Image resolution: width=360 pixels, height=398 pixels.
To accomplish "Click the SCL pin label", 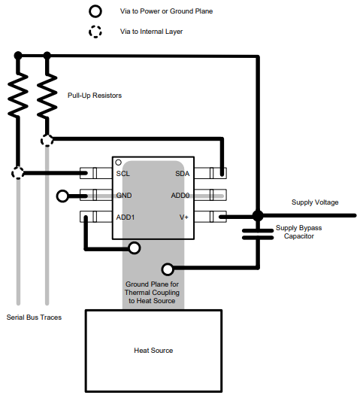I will tap(123, 174).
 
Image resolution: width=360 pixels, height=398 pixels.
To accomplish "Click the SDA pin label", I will tap(182, 174).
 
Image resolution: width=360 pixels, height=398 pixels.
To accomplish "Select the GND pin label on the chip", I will tap(124, 196).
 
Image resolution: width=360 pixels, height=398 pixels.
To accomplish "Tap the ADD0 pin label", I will tap(180, 196).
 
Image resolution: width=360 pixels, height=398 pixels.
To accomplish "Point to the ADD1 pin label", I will tap(126, 217).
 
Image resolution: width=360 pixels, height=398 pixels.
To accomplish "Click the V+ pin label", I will tap(184, 217).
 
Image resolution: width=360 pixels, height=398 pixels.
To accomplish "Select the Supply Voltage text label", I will tap(315, 202).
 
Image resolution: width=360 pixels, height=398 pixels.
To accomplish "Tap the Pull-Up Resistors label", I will tap(95, 96).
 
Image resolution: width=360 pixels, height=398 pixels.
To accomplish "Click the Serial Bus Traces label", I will tap(34, 317).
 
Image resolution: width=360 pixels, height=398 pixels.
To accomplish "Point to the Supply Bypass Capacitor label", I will tap(298, 232).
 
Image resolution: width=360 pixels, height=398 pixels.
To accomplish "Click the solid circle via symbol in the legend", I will tap(95, 12).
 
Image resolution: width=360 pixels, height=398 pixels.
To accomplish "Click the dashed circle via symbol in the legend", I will tap(95, 32).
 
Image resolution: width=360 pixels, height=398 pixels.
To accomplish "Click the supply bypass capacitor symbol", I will tap(257, 232).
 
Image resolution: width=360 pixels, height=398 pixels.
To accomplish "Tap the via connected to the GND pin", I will tap(62, 196).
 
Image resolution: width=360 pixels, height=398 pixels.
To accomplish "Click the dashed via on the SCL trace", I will tap(18, 173).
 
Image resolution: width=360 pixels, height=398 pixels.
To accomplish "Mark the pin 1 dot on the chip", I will tap(119, 163).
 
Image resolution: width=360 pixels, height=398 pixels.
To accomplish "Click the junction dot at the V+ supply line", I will tap(257, 216).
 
